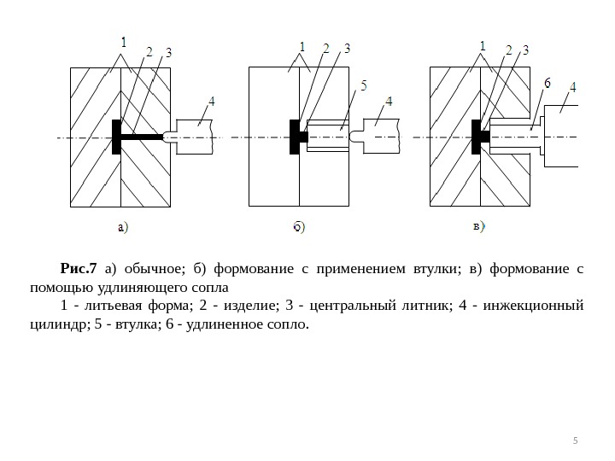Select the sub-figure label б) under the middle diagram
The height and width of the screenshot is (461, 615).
(297, 227)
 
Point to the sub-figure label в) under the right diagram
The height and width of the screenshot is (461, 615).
(479, 227)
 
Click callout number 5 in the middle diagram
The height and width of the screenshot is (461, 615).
(365, 85)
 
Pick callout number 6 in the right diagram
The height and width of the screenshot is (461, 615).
(547, 84)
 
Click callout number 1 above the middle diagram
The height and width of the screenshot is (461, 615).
(302, 46)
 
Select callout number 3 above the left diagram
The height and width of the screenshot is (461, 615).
(168, 53)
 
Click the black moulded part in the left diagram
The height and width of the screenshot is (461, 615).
(116, 137)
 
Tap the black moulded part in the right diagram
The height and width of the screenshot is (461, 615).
(476, 137)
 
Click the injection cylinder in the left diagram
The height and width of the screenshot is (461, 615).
(192, 137)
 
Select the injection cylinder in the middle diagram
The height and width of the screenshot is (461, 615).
(380, 137)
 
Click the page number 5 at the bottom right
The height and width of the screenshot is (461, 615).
(575, 441)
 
